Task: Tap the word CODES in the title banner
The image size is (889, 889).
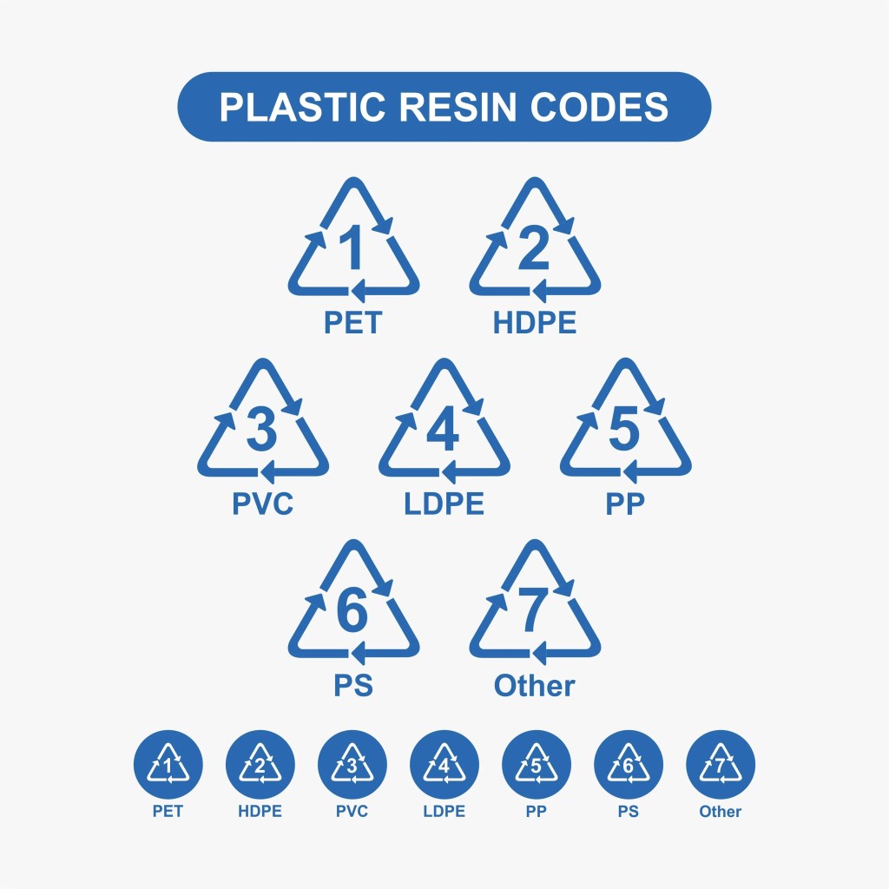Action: (x=600, y=107)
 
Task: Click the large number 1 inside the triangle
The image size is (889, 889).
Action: (x=351, y=248)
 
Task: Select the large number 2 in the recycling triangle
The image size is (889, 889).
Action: (x=533, y=248)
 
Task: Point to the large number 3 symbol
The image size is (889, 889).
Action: (x=261, y=429)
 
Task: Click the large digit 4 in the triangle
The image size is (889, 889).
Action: (x=443, y=429)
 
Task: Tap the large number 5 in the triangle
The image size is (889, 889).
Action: (x=624, y=429)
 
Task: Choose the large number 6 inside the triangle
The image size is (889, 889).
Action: (x=352, y=610)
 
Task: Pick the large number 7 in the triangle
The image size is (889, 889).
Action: (x=533, y=610)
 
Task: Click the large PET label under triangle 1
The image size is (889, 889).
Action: (x=352, y=323)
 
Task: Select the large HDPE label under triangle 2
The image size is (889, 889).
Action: (x=534, y=323)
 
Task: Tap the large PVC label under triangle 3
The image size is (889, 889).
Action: (x=262, y=504)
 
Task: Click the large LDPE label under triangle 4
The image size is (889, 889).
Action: (x=444, y=504)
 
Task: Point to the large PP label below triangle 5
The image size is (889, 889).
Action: (x=625, y=504)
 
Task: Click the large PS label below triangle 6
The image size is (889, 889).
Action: (x=352, y=685)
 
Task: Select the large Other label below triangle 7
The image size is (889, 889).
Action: (x=534, y=685)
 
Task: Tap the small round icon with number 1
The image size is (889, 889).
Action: (x=168, y=765)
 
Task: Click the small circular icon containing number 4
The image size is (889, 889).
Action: (x=444, y=765)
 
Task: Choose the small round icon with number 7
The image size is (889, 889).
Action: (x=720, y=765)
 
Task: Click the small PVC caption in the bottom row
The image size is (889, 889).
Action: (x=352, y=812)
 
